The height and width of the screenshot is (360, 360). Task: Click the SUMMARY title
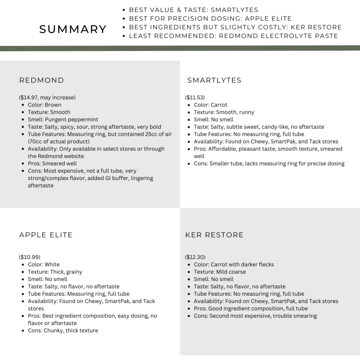[73, 29]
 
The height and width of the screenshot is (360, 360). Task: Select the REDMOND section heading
[41, 80]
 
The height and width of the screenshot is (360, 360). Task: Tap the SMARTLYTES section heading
[214, 80]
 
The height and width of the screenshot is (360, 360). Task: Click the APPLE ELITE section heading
[46, 235]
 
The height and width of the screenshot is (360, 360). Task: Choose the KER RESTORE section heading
[214, 235]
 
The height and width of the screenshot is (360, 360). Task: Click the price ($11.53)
[195, 97]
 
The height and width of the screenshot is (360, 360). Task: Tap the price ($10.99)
[30, 257]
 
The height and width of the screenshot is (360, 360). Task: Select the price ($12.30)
[195, 257]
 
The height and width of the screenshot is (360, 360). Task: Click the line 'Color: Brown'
[45, 105]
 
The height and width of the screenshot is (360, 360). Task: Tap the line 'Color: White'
[44, 264]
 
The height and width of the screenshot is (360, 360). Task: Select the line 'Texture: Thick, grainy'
[55, 272]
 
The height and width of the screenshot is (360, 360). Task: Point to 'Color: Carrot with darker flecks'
[233, 264]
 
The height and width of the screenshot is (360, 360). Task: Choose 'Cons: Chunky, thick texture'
[63, 330]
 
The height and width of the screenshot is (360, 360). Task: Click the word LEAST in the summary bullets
[140, 36]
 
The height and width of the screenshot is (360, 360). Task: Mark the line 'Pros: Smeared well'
[52, 163]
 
